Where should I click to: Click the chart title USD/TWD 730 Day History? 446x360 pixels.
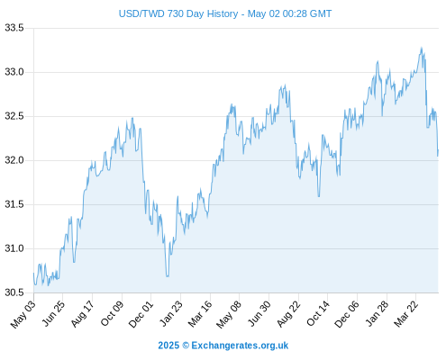click(x=178, y=13)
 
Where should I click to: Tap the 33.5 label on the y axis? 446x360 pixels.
click(x=14, y=28)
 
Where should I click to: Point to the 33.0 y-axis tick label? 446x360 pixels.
click(x=14, y=72)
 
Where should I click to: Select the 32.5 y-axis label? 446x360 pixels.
click(x=14, y=116)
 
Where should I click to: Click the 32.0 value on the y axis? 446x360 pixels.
click(x=14, y=160)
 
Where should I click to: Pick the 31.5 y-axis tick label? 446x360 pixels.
click(x=14, y=204)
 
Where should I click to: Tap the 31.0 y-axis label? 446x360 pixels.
click(x=14, y=248)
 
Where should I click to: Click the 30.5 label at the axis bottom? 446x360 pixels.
click(x=14, y=292)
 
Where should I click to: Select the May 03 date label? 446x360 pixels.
click(x=23, y=314)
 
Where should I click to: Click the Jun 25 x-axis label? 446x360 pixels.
click(x=53, y=313)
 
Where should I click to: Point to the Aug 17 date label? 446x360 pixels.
click(x=82, y=314)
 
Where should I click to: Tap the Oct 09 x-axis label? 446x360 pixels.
click(x=112, y=313)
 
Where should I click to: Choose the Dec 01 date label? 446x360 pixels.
click(x=141, y=314)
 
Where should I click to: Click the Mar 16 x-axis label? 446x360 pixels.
click(x=200, y=314)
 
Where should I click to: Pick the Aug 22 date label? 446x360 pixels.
click(x=288, y=314)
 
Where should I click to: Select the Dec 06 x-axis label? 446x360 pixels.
click(x=347, y=314)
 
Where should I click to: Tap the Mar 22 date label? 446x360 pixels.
click(x=405, y=314)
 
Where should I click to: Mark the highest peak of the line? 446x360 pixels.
click(x=422, y=48)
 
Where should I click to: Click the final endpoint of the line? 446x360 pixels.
click(x=438, y=150)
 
